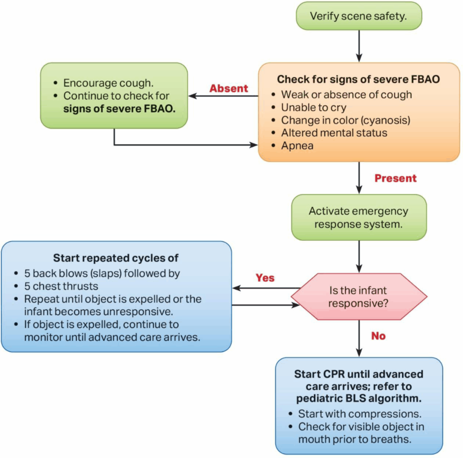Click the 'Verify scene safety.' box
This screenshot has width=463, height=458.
coord(359,16)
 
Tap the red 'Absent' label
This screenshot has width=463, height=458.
coord(229,89)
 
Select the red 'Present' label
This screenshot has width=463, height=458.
coord(396,178)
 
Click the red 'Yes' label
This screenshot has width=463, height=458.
coord(265,277)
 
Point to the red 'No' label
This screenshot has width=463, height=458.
coord(378,336)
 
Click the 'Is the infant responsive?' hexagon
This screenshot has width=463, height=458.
coord(359,296)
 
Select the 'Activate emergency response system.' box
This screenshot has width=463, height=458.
coord(359,217)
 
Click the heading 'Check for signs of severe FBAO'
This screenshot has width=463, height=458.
coord(359,79)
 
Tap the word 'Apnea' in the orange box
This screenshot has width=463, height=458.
coord(298,146)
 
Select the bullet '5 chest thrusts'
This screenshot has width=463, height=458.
coord(61,286)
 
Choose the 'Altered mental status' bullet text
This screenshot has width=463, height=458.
coord(334,133)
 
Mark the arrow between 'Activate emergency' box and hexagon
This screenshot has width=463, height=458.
coord(359,257)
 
